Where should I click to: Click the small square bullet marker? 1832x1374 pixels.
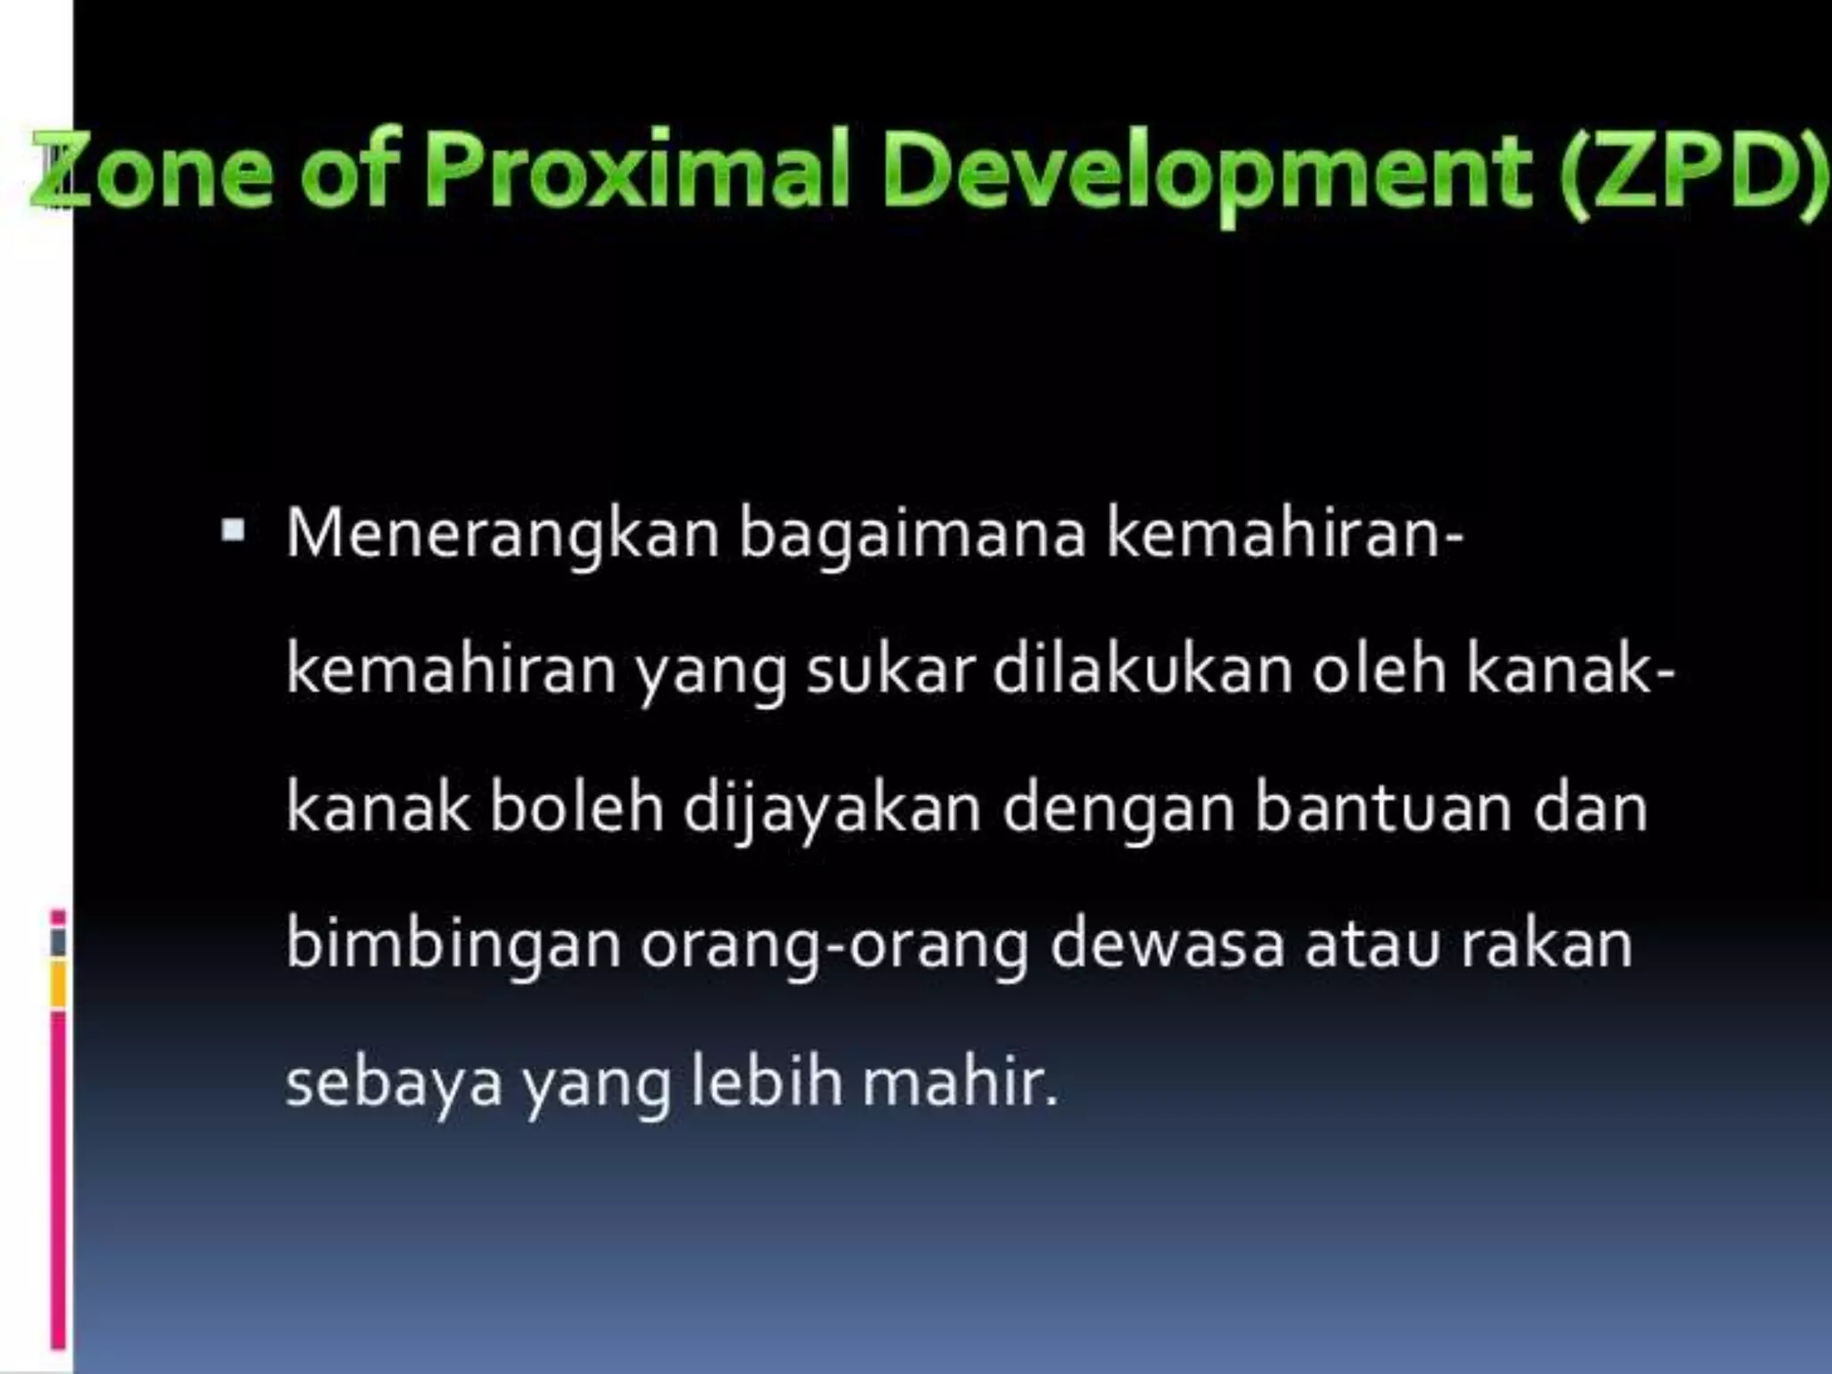[x=233, y=531]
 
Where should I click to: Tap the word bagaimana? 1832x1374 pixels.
[x=912, y=535]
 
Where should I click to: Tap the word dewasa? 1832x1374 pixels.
[x=1167, y=945]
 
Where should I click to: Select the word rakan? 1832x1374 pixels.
[x=1547, y=945]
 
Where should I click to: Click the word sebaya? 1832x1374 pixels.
[x=394, y=1083]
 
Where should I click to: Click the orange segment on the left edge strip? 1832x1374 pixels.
[x=58, y=984]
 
